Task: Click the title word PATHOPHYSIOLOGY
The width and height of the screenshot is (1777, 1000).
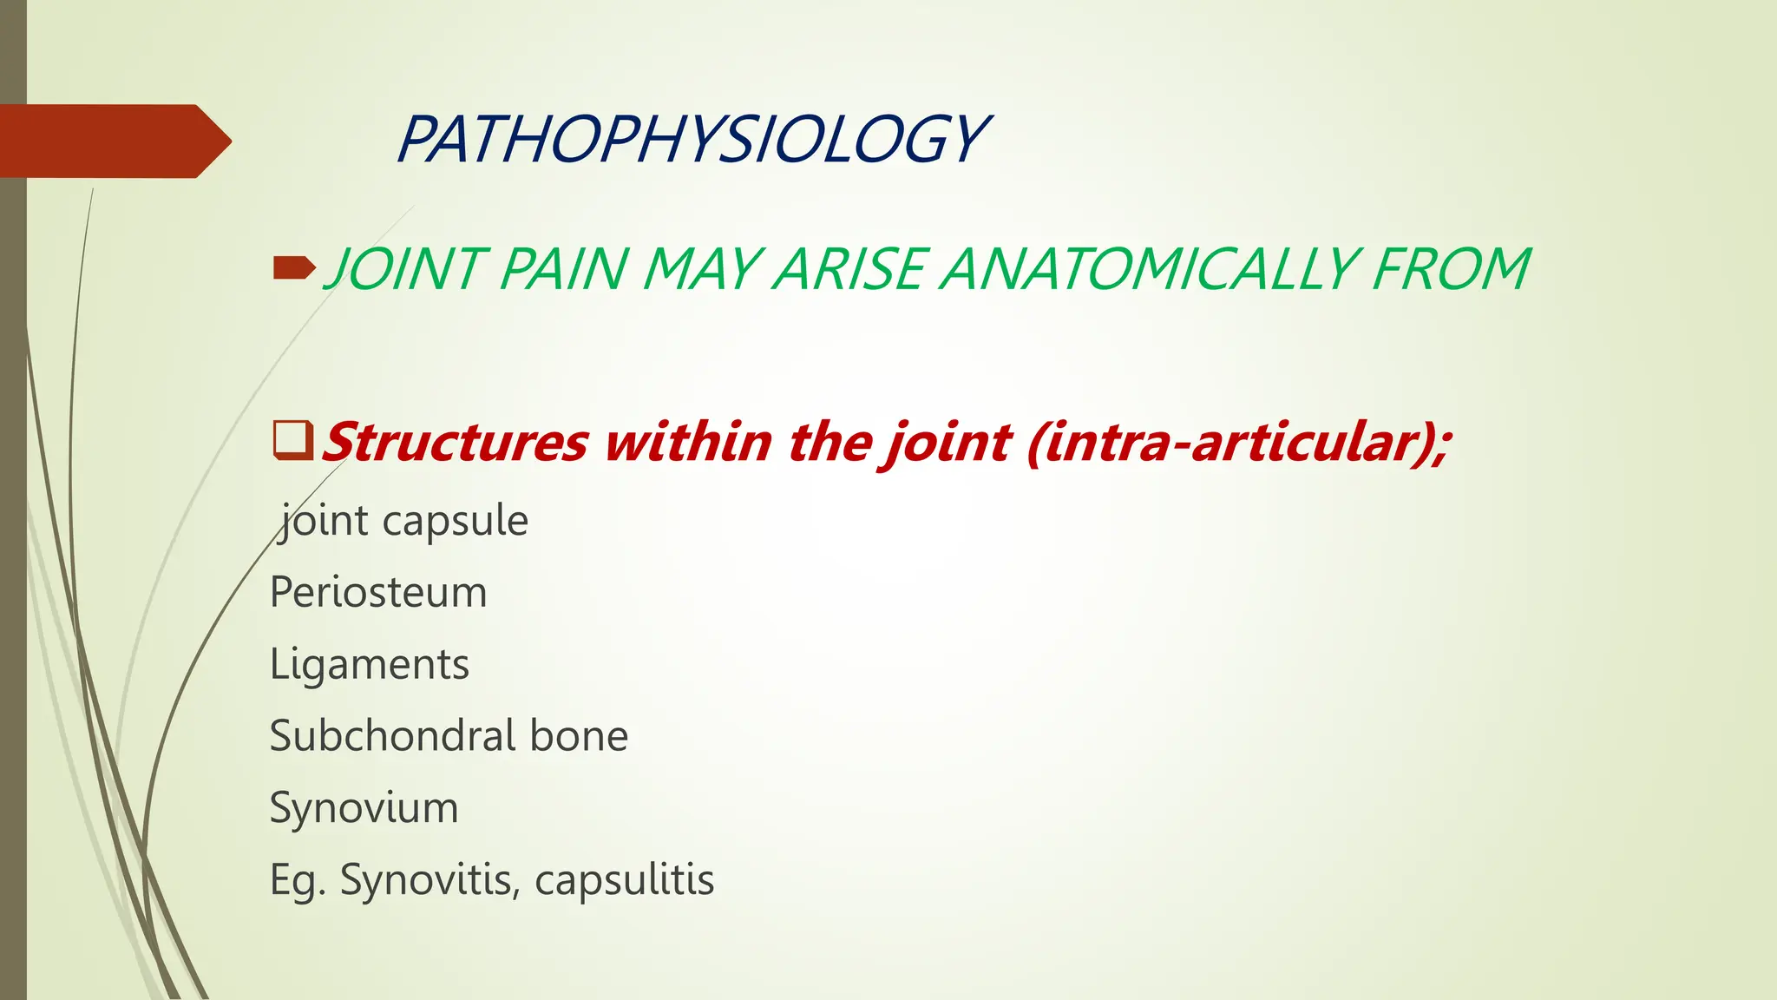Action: click(x=692, y=140)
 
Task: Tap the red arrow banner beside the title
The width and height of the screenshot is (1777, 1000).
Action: click(x=113, y=141)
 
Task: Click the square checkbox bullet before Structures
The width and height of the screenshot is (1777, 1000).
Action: click(x=292, y=439)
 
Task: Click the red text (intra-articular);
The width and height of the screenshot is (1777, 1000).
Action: click(x=1237, y=442)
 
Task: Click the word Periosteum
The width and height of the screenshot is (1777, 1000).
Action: click(x=378, y=593)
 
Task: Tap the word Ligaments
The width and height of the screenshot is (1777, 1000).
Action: click(x=369, y=665)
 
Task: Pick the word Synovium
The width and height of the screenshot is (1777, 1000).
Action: click(x=364, y=808)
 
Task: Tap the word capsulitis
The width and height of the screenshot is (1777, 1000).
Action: click(x=624, y=880)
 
